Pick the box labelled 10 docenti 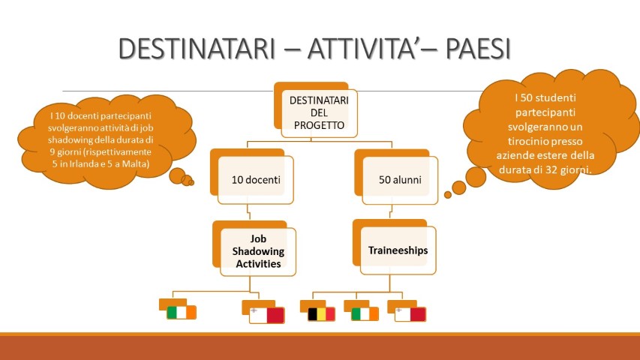point(254,179)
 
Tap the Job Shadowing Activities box point(257,250)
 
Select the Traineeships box point(398,250)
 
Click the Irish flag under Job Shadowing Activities point(181,312)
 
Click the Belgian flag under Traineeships point(321,313)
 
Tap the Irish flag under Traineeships point(365,313)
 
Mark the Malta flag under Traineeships point(410,313)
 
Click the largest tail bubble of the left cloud point(178,177)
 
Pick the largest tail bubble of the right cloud point(458,187)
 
